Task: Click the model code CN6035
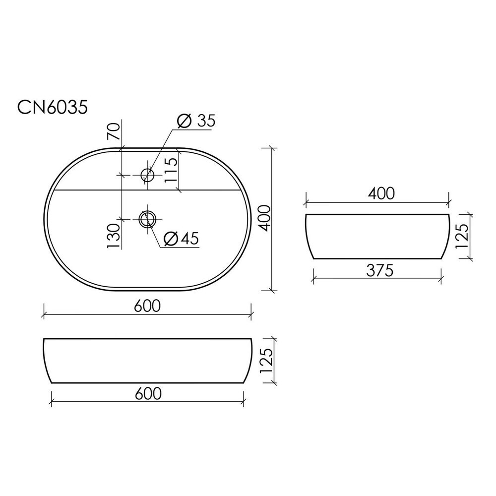click(x=52, y=108)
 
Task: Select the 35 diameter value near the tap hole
click(x=206, y=121)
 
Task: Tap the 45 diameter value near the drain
click(x=190, y=239)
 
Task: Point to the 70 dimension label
click(x=114, y=131)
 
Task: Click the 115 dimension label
click(x=171, y=170)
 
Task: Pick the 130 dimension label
click(x=114, y=236)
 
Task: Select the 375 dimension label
click(x=379, y=270)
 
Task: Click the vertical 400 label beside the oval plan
click(x=264, y=218)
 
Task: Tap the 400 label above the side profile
click(x=381, y=193)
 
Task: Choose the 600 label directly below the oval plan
click(x=147, y=306)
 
